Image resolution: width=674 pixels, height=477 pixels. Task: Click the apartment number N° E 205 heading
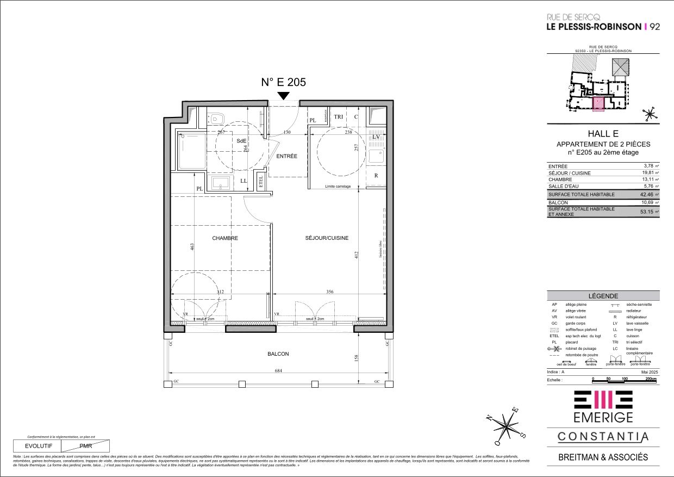click(283, 83)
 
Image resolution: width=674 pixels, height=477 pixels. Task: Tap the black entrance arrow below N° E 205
click(283, 96)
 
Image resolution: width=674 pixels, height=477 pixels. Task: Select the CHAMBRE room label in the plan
click(225, 238)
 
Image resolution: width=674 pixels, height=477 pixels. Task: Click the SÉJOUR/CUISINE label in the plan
click(326, 238)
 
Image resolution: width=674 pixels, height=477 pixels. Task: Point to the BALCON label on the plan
click(278, 354)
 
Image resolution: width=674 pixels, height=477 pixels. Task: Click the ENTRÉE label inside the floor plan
click(286, 156)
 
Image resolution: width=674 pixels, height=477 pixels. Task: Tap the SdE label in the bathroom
click(241, 141)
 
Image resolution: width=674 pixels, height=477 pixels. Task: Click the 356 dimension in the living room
click(330, 292)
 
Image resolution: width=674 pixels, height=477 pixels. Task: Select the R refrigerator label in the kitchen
click(376, 176)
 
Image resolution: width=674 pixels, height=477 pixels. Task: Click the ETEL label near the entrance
click(261, 181)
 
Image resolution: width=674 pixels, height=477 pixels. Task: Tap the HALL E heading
click(603, 134)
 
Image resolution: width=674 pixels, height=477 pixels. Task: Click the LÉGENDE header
click(603, 295)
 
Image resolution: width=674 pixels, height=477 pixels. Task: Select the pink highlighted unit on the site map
click(598, 103)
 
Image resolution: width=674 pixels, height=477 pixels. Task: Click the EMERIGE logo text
click(603, 417)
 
